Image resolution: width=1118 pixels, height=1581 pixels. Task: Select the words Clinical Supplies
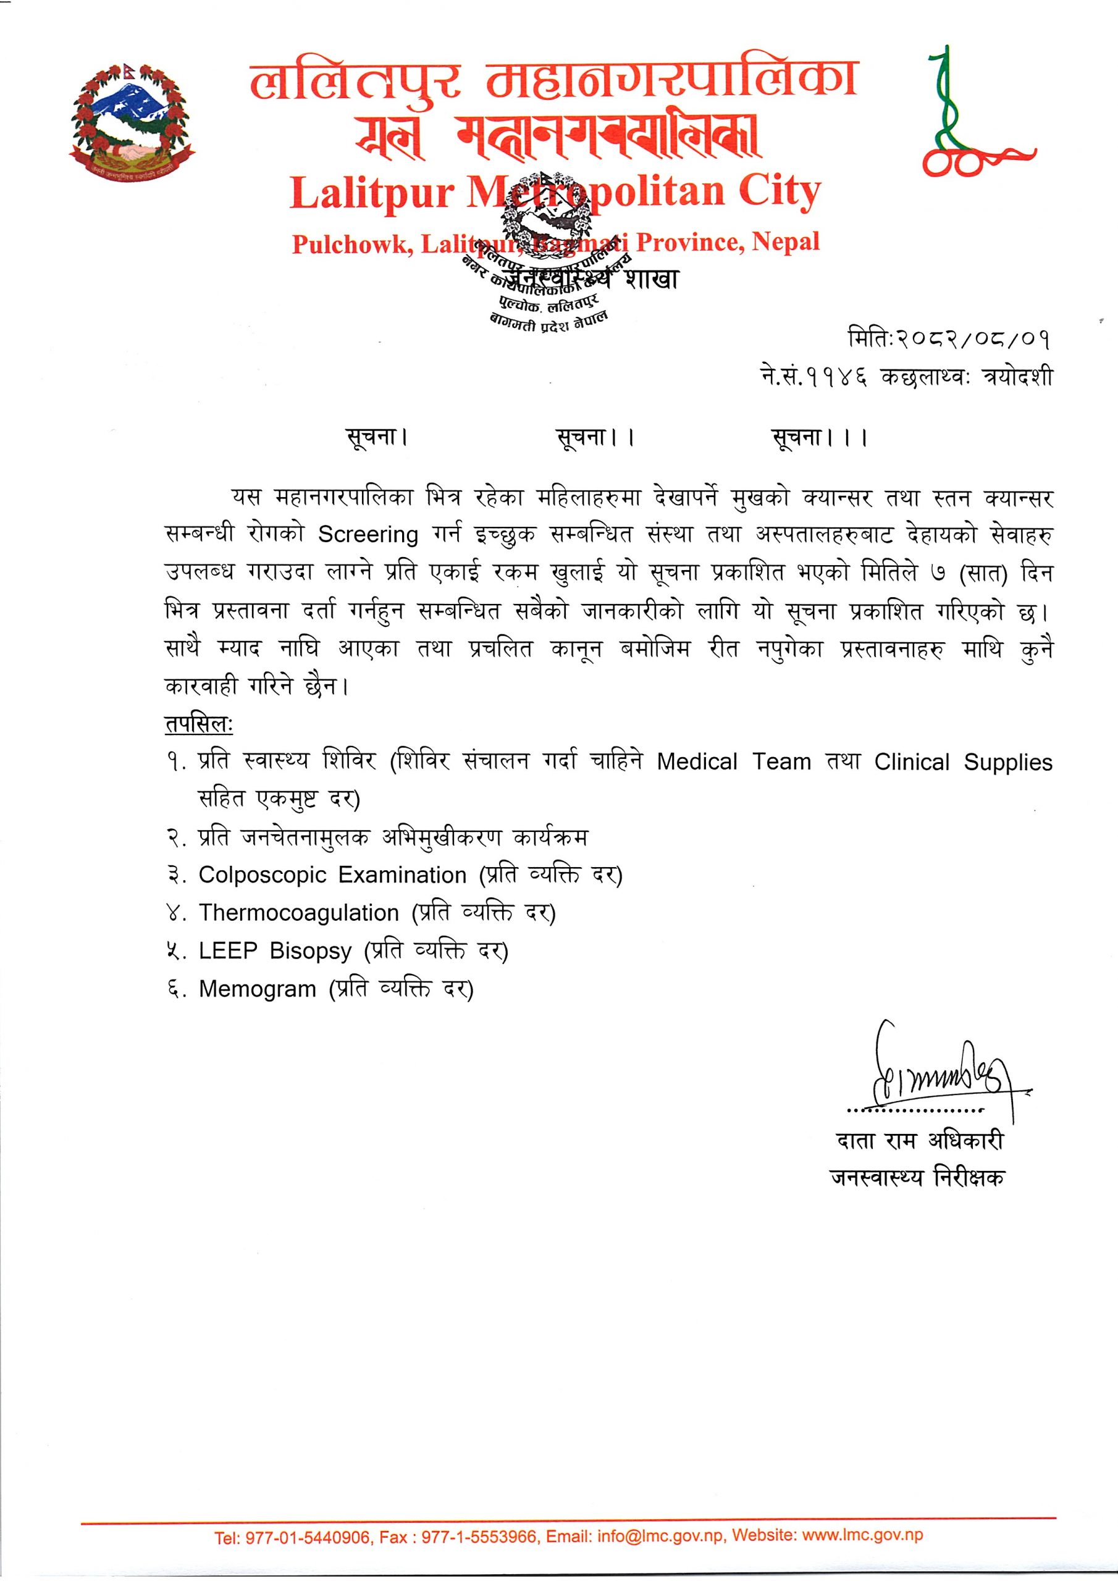click(x=963, y=762)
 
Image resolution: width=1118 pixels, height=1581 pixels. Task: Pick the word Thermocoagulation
click(x=298, y=913)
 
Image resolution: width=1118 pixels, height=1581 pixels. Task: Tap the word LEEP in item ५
click(x=228, y=951)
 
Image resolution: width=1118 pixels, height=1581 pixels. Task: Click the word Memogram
click(x=257, y=989)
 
